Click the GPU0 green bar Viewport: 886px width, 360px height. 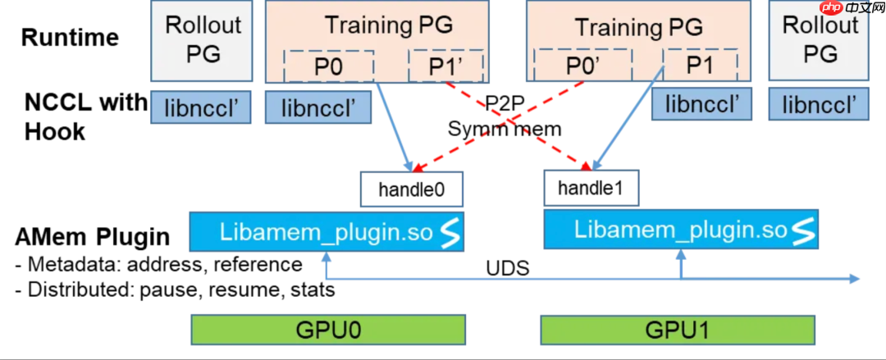327,330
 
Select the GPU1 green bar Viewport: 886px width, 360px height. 678,330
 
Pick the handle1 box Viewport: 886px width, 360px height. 591,188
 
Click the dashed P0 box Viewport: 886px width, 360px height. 328,66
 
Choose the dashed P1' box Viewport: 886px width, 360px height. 446,66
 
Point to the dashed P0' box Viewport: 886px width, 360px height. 583,66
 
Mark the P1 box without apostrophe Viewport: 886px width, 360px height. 699,66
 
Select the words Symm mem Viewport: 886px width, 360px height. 505,128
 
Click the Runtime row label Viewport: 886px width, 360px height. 70,38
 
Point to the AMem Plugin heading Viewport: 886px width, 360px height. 92,237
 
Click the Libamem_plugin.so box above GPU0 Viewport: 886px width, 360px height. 327,232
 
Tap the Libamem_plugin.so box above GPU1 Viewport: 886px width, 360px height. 681,229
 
